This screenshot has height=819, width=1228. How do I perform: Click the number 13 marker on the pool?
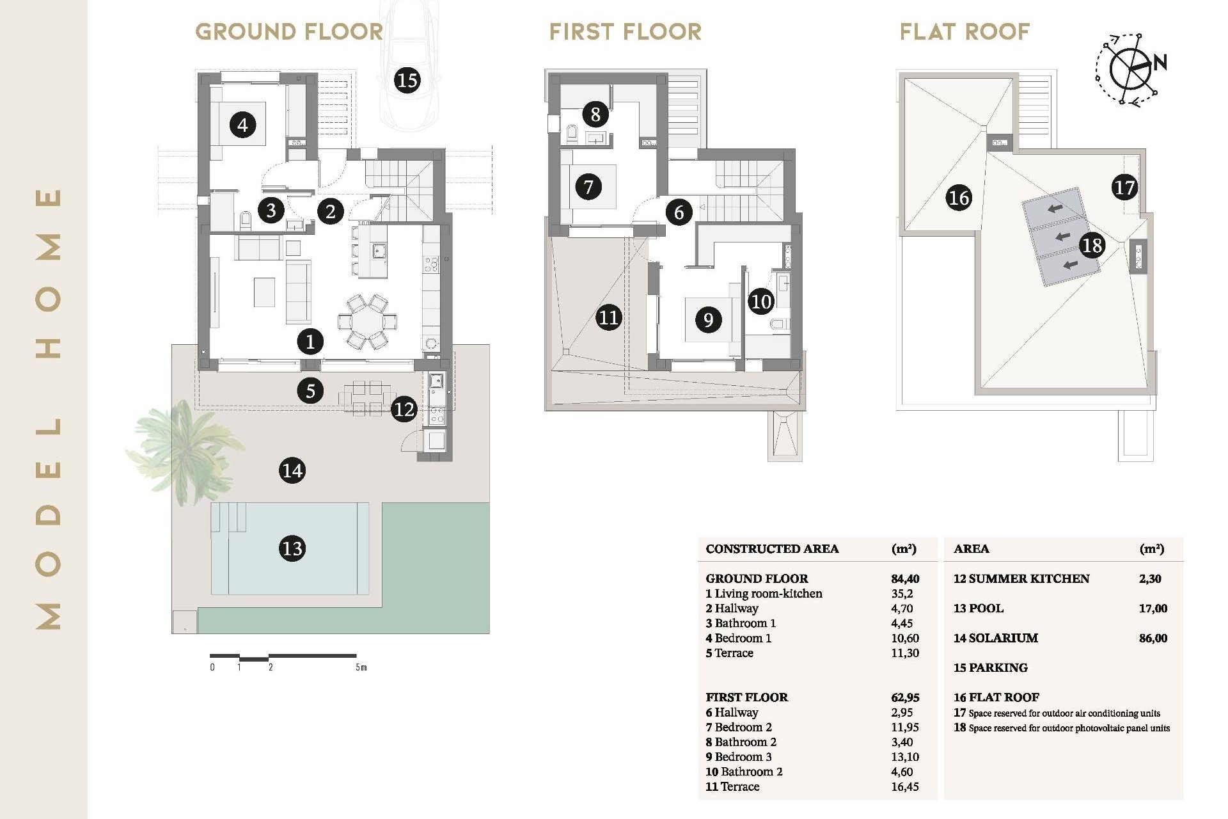tap(292, 548)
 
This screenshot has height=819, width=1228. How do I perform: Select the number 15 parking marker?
tap(407, 80)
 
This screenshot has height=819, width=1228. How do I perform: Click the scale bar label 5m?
tap(361, 667)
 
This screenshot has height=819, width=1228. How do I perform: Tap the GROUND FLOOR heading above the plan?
tap(289, 31)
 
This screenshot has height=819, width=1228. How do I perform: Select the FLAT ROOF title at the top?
tap(964, 31)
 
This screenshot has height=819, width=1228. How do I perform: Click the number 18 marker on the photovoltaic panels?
tap(1092, 245)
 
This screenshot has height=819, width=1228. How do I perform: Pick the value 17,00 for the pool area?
tap(1153, 608)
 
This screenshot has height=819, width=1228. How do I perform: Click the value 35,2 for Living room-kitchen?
tap(902, 594)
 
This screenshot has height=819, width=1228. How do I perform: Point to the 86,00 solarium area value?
tap(1153, 638)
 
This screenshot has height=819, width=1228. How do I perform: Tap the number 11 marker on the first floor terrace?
tap(608, 317)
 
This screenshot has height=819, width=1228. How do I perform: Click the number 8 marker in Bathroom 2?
tap(595, 115)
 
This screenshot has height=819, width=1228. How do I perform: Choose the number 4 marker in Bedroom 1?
tap(242, 124)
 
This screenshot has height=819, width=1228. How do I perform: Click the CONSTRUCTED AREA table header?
tap(772, 549)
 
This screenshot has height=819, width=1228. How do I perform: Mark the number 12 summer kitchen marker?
tap(404, 409)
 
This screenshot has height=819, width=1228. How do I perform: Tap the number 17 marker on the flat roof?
tap(1124, 187)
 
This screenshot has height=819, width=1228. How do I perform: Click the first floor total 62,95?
tap(904, 697)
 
